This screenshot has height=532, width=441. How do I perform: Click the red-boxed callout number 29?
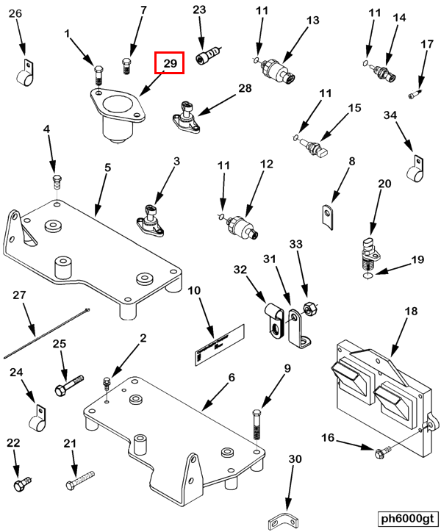coord(170,64)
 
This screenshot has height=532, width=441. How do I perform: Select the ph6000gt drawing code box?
coord(407,517)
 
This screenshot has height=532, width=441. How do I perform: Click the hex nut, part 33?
coord(310,307)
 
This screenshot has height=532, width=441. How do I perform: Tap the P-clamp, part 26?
coord(24,72)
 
